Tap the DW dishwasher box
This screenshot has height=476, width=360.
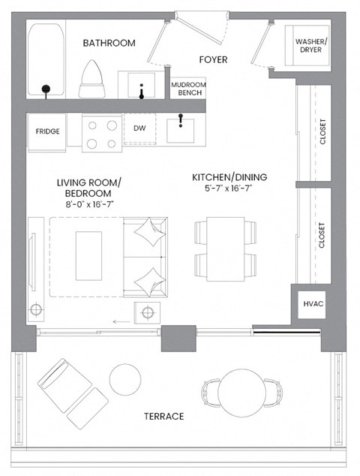click(139, 129)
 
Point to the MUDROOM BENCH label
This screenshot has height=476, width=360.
click(187, 88)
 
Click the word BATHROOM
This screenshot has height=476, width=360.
click(109, 43)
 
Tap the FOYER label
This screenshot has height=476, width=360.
click(213, 59)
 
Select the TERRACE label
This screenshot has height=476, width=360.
click(163, 416)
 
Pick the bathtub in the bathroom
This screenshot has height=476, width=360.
click(46, 60)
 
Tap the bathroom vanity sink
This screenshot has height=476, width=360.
click(142, 84)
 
